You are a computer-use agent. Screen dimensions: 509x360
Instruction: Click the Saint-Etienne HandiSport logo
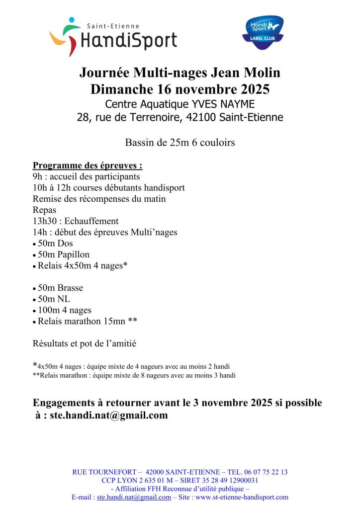tap(113, 37)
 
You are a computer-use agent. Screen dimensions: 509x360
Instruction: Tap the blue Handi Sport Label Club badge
tap(263, 33)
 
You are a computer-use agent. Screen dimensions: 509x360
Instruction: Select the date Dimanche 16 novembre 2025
tap(180, 89)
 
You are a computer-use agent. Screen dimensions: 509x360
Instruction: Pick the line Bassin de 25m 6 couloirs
tap(180, 143)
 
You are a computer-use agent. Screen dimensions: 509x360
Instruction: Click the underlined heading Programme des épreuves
tap(88, 166)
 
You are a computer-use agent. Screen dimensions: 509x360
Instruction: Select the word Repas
tap(44, 210)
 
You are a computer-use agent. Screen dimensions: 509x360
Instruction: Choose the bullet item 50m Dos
tap(55, 243)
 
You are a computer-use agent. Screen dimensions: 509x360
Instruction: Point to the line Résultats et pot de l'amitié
tap(85, 343)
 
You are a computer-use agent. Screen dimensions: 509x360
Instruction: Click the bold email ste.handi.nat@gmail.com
tap(109, 415)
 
